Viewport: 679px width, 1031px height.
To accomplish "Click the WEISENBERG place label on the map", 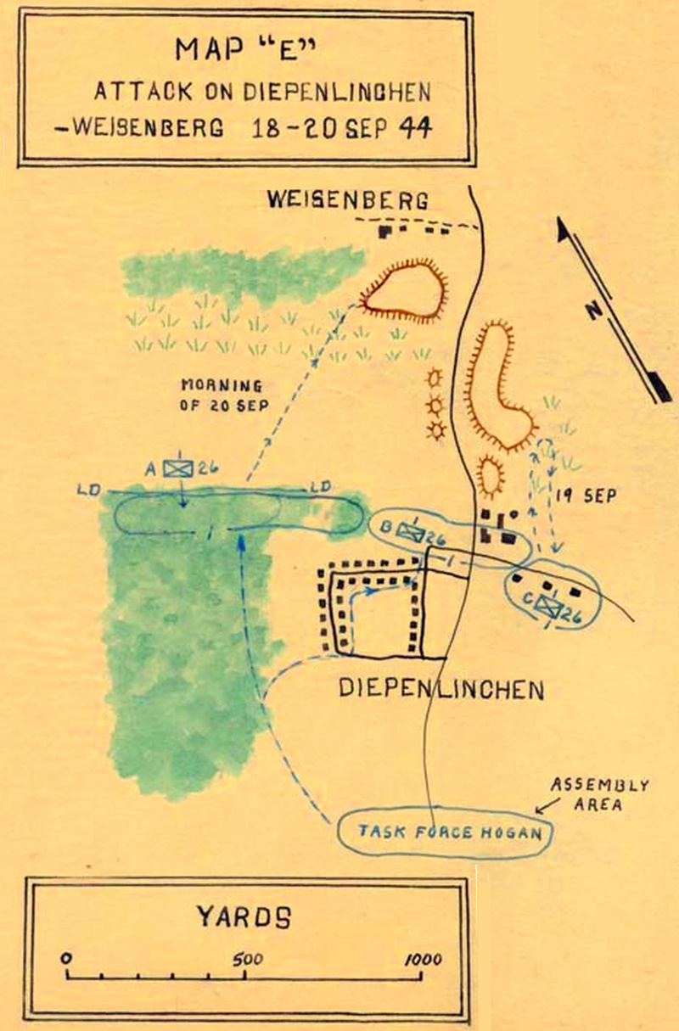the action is (x=348, y=200).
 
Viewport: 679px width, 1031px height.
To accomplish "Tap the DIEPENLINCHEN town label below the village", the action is (x=441, y=690).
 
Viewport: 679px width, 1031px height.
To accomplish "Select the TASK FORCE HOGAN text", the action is (x=450, y=832).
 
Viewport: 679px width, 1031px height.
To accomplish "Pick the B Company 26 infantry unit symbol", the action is (x=411, y=533).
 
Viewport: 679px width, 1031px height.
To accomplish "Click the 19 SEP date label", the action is (x=586, y=496).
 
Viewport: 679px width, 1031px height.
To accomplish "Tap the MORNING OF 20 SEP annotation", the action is (x=224, y=395).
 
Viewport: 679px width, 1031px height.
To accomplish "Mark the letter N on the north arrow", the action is (x=595, y=311).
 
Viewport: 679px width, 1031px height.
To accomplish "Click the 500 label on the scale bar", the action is (x=247, y=959).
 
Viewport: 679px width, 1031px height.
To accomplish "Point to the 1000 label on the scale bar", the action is (x=423, y=959).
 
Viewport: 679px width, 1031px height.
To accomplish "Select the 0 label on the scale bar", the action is (x=66, y=958).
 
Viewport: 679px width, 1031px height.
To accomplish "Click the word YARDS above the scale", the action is (x=244, y=916).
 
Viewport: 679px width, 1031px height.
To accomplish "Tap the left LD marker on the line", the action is (x=89, y=490).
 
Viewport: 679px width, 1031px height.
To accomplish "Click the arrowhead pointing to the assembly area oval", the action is (x=540, y=811).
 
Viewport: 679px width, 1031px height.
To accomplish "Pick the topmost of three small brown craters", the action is (x=434, y=378).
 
